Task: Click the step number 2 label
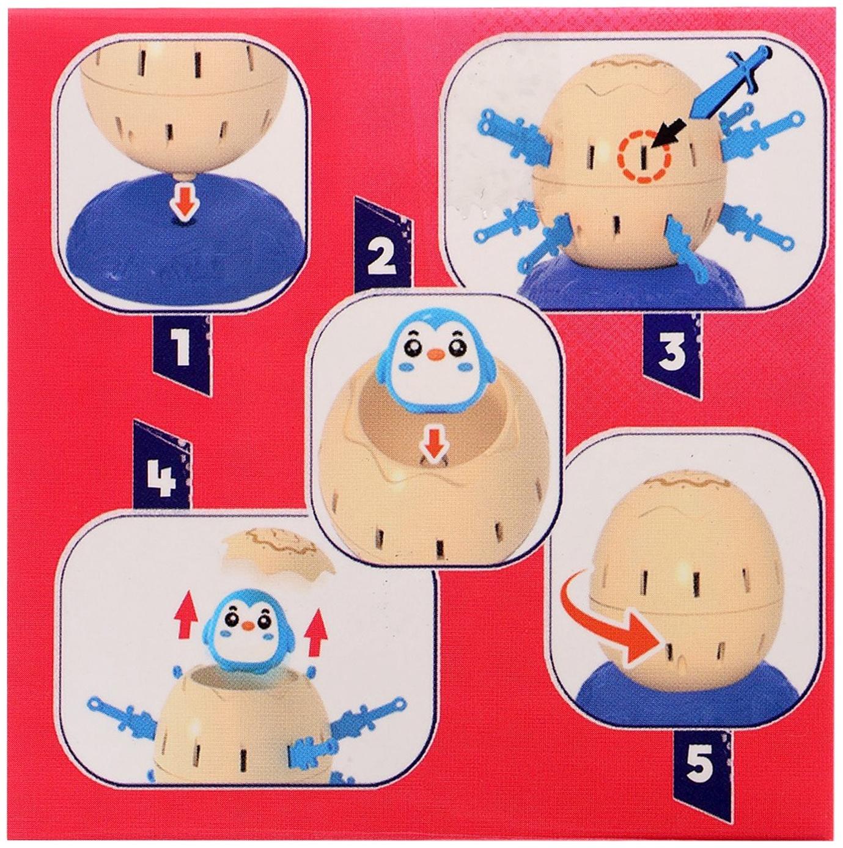(x=381, y=259)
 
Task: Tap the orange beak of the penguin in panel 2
(x=436, y=354)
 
